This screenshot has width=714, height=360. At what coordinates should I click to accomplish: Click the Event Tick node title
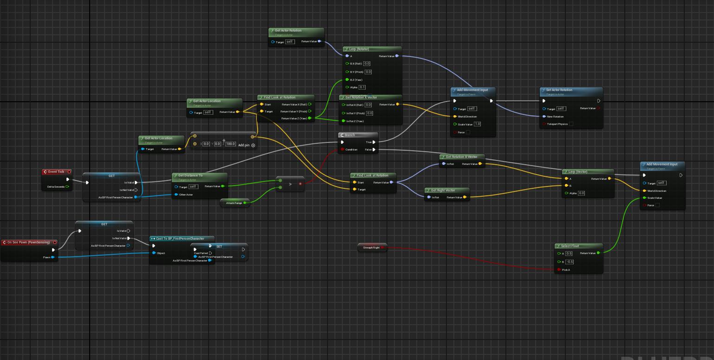pos(56,172)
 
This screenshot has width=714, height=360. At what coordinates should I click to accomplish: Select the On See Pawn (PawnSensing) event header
pos(29,242)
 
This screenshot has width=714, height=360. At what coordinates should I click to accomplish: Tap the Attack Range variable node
pos(234,203)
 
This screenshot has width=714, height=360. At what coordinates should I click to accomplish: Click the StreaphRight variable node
pos(371,248)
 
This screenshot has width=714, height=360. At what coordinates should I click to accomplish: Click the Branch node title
pos(349,135)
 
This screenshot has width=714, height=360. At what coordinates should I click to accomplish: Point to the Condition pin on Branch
pos(342,150)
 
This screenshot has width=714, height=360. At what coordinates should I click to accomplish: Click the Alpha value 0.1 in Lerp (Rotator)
pos(362,87)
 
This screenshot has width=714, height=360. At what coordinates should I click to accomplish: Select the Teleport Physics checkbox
pos(571,124)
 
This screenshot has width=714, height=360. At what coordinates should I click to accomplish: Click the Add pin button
pos(253,145)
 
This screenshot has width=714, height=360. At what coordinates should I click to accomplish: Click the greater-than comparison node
pos(290,184)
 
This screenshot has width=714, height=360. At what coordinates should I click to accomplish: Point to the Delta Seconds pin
pos(67,187)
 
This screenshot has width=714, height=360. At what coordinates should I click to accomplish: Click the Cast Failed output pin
pos(210,253)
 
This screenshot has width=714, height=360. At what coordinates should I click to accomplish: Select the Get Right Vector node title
pos(443,190)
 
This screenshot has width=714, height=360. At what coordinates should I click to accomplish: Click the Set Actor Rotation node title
pos(559,90)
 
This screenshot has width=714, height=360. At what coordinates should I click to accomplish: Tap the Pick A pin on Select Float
pos(559,269)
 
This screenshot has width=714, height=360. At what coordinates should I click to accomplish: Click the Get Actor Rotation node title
pos(288,31)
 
